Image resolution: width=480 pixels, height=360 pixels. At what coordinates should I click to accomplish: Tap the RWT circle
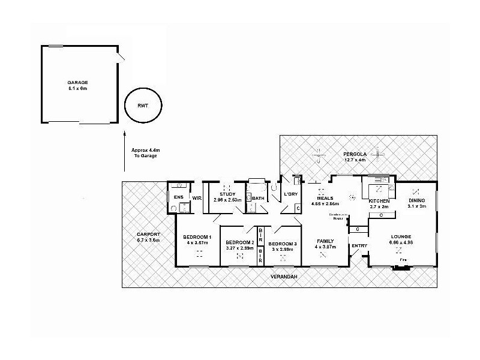(x=143, y=106)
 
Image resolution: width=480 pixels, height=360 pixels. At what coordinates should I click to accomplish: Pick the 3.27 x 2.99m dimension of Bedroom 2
(x=240, y=248)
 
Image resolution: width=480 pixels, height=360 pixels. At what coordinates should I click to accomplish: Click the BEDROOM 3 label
(x=283, y=243)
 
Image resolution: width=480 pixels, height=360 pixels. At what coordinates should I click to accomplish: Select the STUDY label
(x=227, y=194)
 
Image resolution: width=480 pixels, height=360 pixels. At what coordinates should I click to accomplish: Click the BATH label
(x=259, y=198)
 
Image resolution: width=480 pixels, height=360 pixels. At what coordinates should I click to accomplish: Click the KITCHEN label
(x=379, y=200)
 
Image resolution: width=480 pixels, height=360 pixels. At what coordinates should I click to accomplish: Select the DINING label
(x=416, y=200)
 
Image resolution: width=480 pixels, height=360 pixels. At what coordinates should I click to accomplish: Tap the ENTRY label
(x=359, y=245)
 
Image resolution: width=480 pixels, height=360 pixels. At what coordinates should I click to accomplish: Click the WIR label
(x=196, y=197)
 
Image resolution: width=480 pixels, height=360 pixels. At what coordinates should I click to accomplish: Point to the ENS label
(x=178, y=197)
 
